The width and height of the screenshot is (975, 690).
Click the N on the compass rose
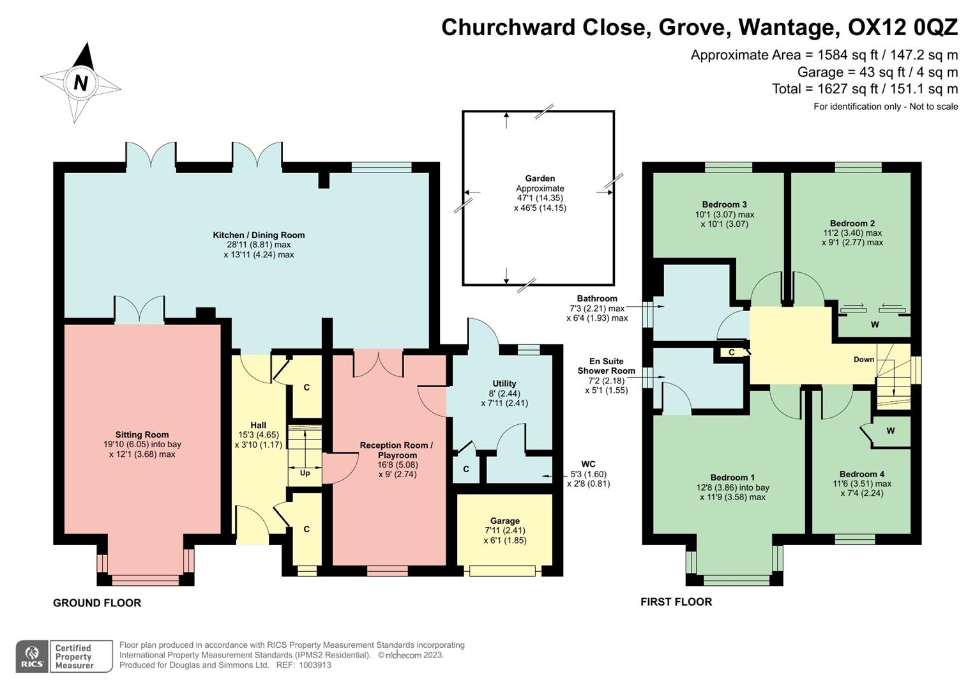[x=80, y=82]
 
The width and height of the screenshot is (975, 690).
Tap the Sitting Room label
[x=142, y=434]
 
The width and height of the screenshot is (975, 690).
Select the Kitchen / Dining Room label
[x=259, y=235]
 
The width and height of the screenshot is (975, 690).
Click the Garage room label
[x=504, y=521]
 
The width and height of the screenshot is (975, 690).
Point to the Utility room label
[x=504, y=383]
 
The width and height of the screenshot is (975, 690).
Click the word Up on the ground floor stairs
[x=305, y=473]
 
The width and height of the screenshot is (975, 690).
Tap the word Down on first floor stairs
[x=863, y=359]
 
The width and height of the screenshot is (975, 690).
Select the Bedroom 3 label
[x=724, y=204]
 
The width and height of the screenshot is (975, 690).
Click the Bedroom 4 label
[x=861, y=474]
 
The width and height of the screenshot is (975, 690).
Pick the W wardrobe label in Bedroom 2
[x=875, y=325]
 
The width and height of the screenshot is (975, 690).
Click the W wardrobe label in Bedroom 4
[x=890, y=431]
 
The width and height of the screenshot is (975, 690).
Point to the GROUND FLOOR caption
[x=97, y=602]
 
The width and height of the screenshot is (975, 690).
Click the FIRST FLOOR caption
[x=676, y=602]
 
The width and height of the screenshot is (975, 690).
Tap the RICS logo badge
[x=32, y=656]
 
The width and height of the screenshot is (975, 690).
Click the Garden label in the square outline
[x=540, y=178]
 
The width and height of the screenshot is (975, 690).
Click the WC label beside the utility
[x=588, y=464]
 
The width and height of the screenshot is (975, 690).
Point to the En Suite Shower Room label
[x=606, y=365]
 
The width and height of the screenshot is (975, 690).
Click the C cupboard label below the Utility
[x=466, y=469]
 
